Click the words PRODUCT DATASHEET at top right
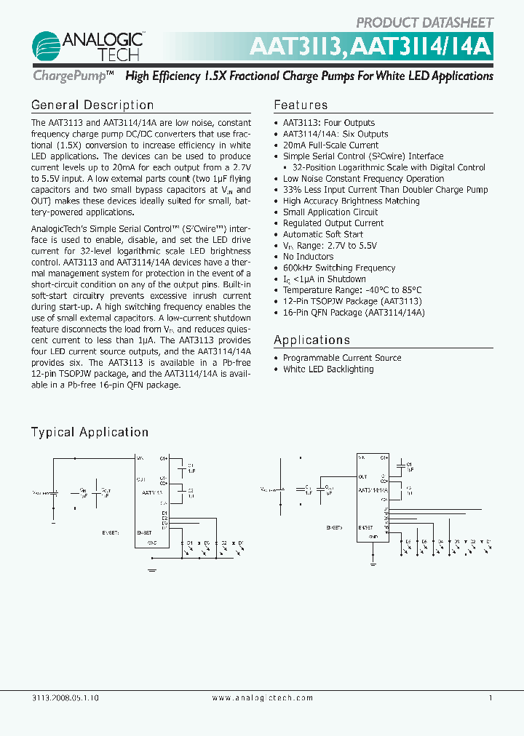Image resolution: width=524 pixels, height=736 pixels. [x=424, y=23]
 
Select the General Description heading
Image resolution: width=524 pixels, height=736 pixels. [x=92, y=105]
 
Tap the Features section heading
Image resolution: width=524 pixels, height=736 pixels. [x=301, y=105]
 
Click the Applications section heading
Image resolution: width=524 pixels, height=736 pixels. [x=311, y=340]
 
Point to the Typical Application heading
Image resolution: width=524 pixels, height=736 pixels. [x=90, y=432]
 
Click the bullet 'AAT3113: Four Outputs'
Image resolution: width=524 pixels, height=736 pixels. [x=328, y=123]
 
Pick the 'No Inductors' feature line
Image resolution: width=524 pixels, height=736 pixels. [x=308, y=257]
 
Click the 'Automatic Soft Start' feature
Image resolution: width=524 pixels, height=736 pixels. [x=322, y=234]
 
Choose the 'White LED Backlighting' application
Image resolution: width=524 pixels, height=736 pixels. [x=327, y=369]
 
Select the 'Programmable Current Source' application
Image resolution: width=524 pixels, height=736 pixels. [x=341, y=358]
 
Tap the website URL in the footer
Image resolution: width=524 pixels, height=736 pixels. [x=262, y=698]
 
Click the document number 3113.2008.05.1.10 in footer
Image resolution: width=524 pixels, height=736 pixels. [x=65, y=698]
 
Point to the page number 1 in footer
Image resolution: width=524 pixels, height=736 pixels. [x=491, y=698]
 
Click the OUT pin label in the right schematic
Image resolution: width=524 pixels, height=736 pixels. [x=362, y=476]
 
